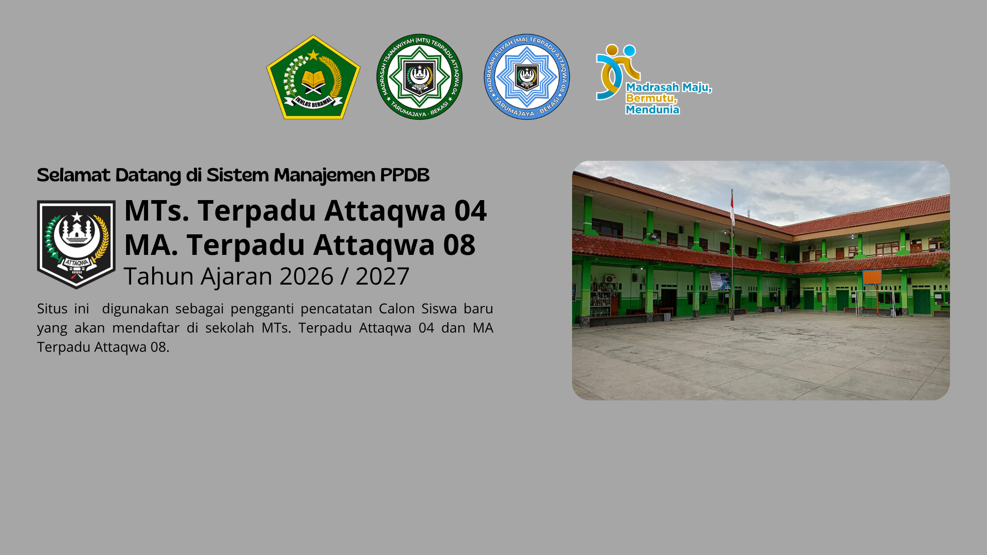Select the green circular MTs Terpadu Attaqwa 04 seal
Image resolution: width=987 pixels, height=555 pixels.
point(419,77)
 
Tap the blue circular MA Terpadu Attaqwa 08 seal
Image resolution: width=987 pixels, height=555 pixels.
point(527,77)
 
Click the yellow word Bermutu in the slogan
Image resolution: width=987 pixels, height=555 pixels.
point(651,98)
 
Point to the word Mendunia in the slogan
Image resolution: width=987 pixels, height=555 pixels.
point(653,110)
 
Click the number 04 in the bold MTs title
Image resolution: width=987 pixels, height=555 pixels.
point(470,211)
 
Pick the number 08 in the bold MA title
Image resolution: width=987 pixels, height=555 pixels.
point(459,245)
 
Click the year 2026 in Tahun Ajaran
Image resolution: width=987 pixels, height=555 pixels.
point(307,276)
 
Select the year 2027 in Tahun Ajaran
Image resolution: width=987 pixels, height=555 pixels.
point(382,276)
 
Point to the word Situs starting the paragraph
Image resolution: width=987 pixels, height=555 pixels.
point(52,309)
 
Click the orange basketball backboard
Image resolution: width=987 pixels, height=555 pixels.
point(872,277)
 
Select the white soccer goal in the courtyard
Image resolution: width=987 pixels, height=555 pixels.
point(875,302)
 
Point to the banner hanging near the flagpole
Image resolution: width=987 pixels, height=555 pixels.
point(719,280)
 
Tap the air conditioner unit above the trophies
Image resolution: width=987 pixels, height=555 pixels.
point(610,278)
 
